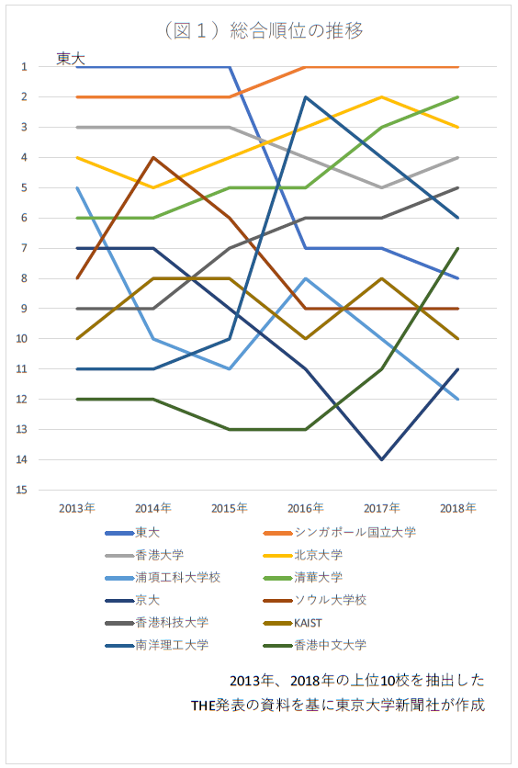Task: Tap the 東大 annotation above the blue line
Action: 71,59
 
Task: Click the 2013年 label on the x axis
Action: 77,508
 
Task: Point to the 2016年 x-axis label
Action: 306,508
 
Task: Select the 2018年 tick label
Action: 457,508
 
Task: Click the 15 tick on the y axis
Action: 22,490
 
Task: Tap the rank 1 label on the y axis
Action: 24,67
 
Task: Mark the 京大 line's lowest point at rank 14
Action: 381,459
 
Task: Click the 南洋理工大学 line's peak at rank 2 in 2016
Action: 306,97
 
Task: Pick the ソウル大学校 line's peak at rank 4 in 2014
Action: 153,157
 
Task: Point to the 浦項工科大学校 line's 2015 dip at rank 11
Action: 229,368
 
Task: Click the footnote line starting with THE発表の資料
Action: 338,706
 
